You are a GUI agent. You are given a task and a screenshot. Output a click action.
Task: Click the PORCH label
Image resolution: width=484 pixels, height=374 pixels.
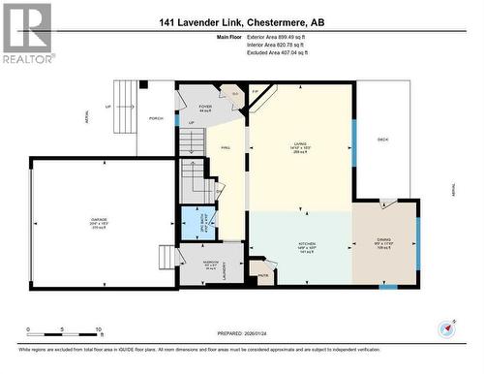156,120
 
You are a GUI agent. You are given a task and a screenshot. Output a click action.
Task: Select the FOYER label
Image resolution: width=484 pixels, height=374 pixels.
205,107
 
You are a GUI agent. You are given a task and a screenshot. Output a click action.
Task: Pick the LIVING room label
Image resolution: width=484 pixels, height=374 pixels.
300,148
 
